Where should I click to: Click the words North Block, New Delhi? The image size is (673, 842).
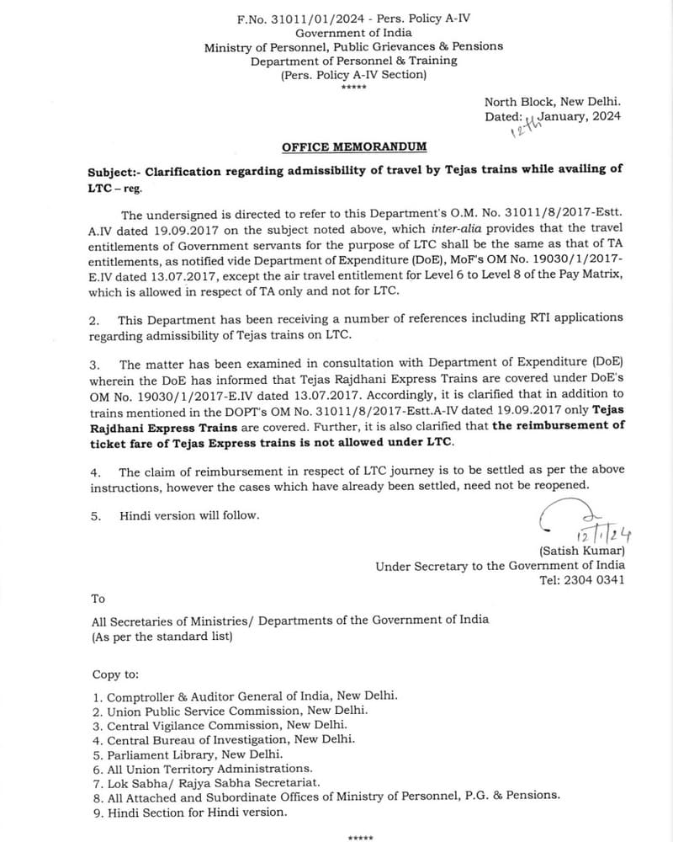(x=553, y=101)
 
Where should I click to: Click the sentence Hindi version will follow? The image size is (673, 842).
(x=189, y=514)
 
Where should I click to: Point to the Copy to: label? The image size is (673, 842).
(x=117, y=674)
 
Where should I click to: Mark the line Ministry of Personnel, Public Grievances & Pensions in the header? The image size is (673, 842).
(x=353, y=46)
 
